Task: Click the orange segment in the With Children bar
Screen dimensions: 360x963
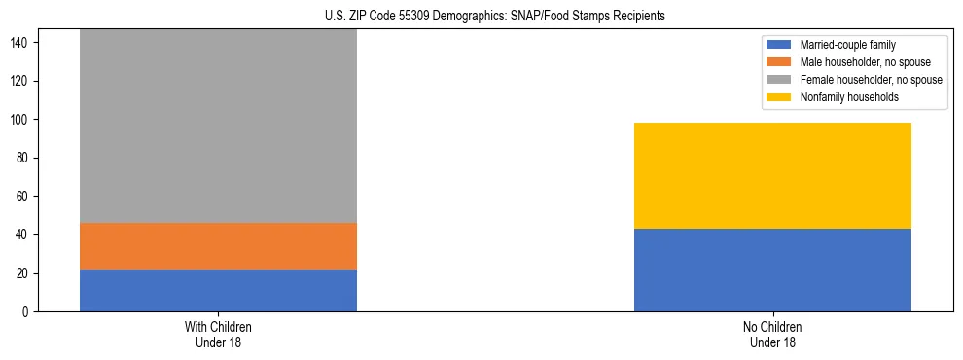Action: pos(218,246)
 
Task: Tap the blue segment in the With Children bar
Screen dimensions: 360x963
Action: pos(218,290)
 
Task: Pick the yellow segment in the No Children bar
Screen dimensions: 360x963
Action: pos(772,176)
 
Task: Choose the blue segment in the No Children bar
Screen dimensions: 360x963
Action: pos(772,270)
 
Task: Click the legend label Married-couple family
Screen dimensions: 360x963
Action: pos(847,45)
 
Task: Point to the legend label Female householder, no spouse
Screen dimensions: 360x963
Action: pos(871,80)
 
